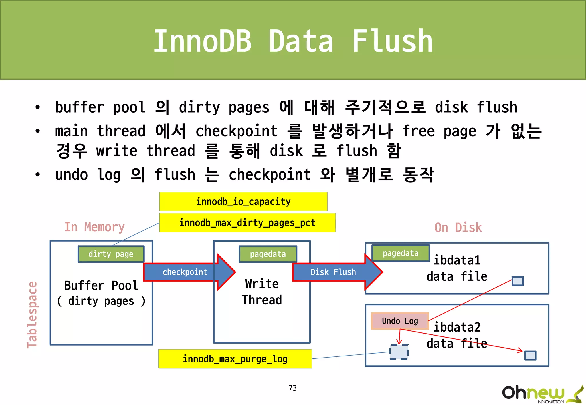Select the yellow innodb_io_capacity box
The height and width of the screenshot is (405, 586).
point(243,201)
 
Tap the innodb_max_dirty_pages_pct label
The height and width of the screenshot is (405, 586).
point(247,223)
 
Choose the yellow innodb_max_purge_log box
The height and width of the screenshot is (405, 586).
point(235,359)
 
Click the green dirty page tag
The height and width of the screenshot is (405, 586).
point(111,254)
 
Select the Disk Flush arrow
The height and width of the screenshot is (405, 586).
point(334,272)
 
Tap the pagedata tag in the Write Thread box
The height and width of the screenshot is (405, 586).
point(268,254)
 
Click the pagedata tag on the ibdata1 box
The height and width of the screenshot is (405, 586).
point(401,253)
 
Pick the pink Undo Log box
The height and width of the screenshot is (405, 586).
point(400,321)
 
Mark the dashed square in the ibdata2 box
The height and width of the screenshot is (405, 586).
point(399,352)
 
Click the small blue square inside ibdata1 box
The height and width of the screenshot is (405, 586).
point(518,281)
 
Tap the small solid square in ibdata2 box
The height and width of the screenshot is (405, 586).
point(530,356)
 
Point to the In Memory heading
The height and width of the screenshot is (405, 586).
point(94,227)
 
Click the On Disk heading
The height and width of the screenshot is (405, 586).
point(458,228)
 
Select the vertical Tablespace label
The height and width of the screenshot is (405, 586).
point(32,315)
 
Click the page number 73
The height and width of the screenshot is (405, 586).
point(292,388)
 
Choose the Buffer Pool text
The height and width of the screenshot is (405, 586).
point(101,286)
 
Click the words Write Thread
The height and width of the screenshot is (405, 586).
point(262,292)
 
